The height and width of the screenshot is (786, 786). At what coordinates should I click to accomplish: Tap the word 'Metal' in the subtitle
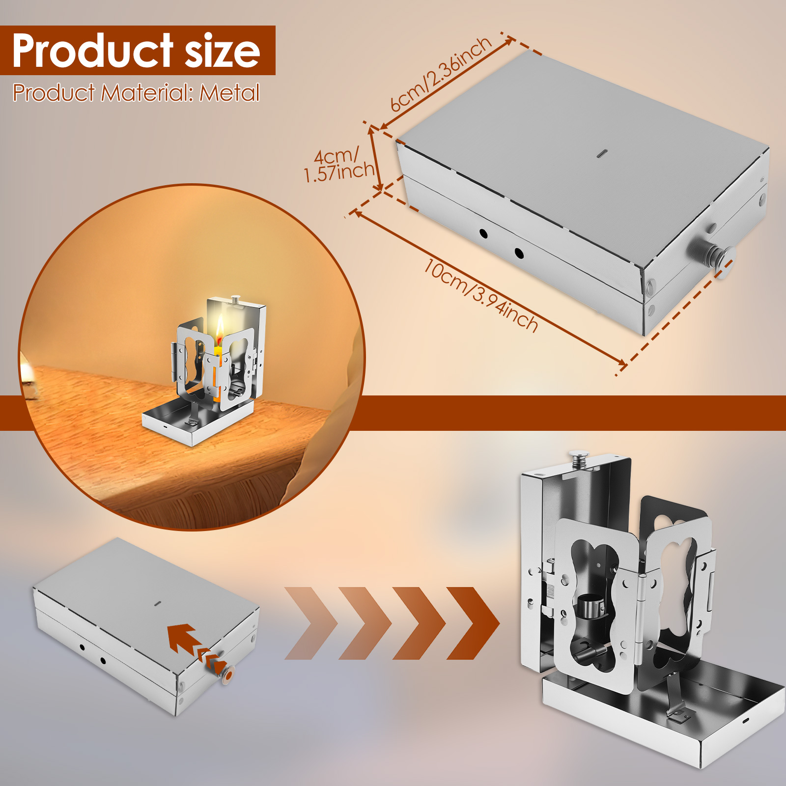[x=229, y=93]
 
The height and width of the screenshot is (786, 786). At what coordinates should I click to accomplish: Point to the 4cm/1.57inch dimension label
[x=338, y=165]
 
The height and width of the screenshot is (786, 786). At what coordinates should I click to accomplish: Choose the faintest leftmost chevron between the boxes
[x=311, y=623]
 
